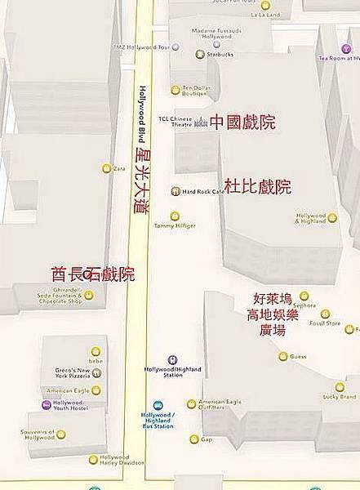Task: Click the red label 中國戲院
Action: [x=242, y=122]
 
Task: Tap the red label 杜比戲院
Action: [x=258, y=186]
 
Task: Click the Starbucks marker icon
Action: [x=202, y=56]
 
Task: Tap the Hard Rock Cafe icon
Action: [x=175, y=191]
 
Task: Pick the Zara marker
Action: [x=106, y=168]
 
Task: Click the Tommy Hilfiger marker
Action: [x=175, y=216]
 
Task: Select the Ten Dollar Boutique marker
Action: [x=175, y=90]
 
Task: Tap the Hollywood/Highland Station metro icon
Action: [x=172, y=360]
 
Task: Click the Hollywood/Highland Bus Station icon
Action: [x=158, y=405]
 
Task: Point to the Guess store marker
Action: [x=283, y=356]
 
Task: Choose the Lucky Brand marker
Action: [x=340, y=387]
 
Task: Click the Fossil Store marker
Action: [x=325, y=314]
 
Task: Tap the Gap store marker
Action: [x=194, y=439]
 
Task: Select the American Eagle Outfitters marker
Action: [x=191, y=403]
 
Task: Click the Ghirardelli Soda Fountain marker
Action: [x=89, y=295]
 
